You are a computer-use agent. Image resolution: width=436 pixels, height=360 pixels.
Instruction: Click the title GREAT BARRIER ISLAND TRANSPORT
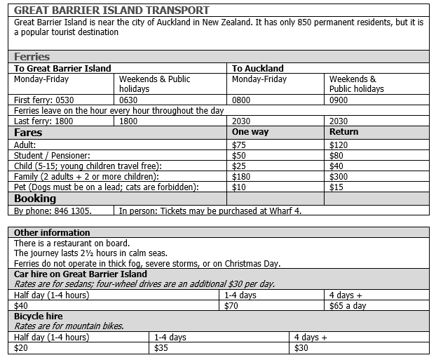[x=111, y=11]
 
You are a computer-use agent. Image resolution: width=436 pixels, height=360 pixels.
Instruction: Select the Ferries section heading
[x=32, y=57]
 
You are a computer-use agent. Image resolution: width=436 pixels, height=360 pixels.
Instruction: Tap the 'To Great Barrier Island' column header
[x=63, y=68]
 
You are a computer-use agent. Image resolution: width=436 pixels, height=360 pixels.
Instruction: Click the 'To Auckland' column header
[x=258, y=68]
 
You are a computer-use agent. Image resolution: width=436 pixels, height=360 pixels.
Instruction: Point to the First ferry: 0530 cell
[x=44, y=100]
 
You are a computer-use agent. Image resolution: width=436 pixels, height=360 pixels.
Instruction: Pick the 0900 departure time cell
[x=339, y=100]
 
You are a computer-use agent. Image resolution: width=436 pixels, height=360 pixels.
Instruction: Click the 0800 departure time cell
[x=242, y=100]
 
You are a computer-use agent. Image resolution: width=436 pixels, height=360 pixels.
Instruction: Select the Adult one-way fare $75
[x=239, y=145]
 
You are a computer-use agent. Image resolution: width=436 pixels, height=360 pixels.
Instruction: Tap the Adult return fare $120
[x=339, y=145]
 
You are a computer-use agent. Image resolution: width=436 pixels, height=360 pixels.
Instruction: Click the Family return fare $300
[x=339, y=176]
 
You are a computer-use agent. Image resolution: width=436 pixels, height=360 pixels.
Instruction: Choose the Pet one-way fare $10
[x=239, y=187]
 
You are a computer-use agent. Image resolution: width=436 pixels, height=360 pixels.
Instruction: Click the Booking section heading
[x=35, y=199]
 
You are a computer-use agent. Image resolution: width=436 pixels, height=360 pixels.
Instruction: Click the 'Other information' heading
[x=53, y=232]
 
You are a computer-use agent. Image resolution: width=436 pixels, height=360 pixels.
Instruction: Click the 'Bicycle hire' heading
[x=39, y=316]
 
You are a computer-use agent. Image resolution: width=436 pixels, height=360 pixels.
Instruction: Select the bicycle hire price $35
[x=162, y=347]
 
